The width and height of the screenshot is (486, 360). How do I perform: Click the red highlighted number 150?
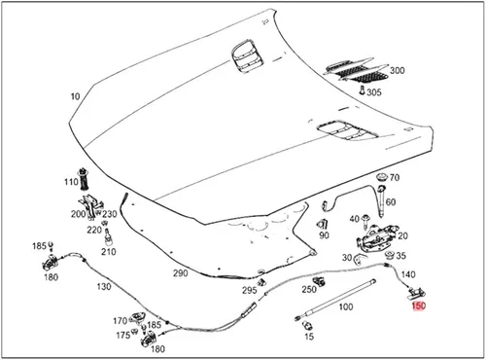coord(418,306)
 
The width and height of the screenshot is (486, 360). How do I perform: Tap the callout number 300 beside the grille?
coord(397,70)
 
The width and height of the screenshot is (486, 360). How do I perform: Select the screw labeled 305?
coord(362,90)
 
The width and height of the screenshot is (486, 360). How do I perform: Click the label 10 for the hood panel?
coord(75,96)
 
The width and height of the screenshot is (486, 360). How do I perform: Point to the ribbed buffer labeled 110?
coord(85,179)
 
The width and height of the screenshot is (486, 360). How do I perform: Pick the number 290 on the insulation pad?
coord(180,273)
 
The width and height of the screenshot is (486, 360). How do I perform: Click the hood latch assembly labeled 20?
coord(377,238)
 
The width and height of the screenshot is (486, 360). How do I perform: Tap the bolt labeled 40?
coord(366,222)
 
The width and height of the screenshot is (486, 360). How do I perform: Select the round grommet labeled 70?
coord(382,177)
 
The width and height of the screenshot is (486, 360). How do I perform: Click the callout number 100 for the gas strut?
coord(346,306)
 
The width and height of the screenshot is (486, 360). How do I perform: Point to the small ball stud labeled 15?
coord(306,325)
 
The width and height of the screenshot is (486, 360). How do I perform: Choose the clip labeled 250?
coord(319,281)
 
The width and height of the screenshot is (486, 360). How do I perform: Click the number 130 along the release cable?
coord(104,287)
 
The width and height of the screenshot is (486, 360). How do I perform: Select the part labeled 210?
coord(108,237)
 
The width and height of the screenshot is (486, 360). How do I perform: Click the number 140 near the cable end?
coord(408,274)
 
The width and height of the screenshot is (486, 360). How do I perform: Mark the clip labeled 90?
coord(323,224)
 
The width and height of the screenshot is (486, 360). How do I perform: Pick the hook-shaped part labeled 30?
coord(360,258)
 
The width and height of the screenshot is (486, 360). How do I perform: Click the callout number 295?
coord(250,290)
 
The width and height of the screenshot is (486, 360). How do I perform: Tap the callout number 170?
coord(120,321)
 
